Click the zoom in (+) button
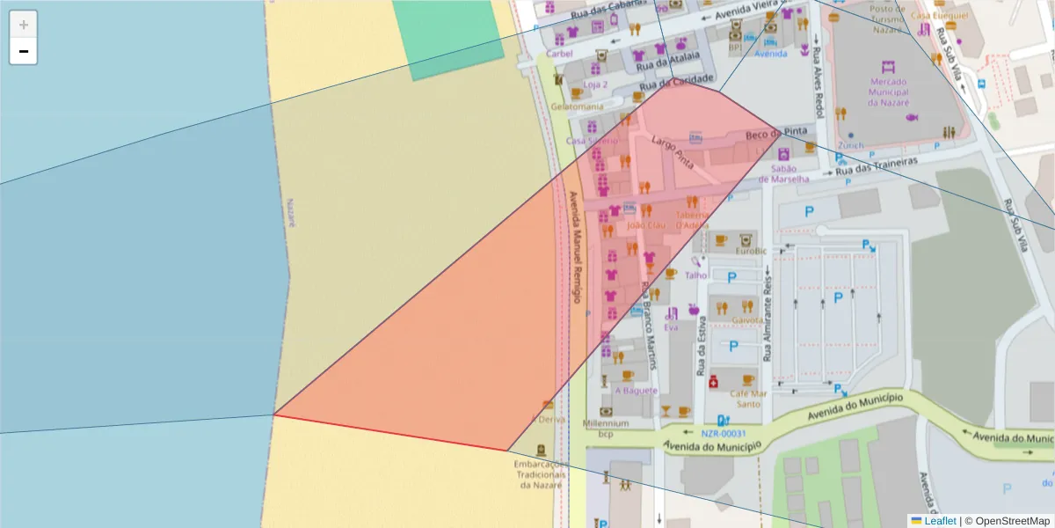[x=23, y=24]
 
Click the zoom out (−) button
[x=23, y=51]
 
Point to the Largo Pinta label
[x=672, y=151]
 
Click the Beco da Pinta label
[x=776, y=135]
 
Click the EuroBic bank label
[x=751, y=251]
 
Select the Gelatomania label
[x=576, y=106]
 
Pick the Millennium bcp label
[x=606, y=428]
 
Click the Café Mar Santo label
[x=748, y=399]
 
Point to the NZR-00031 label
[x=724, y=433]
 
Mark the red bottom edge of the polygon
[x=391, y=432]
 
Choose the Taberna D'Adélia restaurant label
[x=692, y=219]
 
